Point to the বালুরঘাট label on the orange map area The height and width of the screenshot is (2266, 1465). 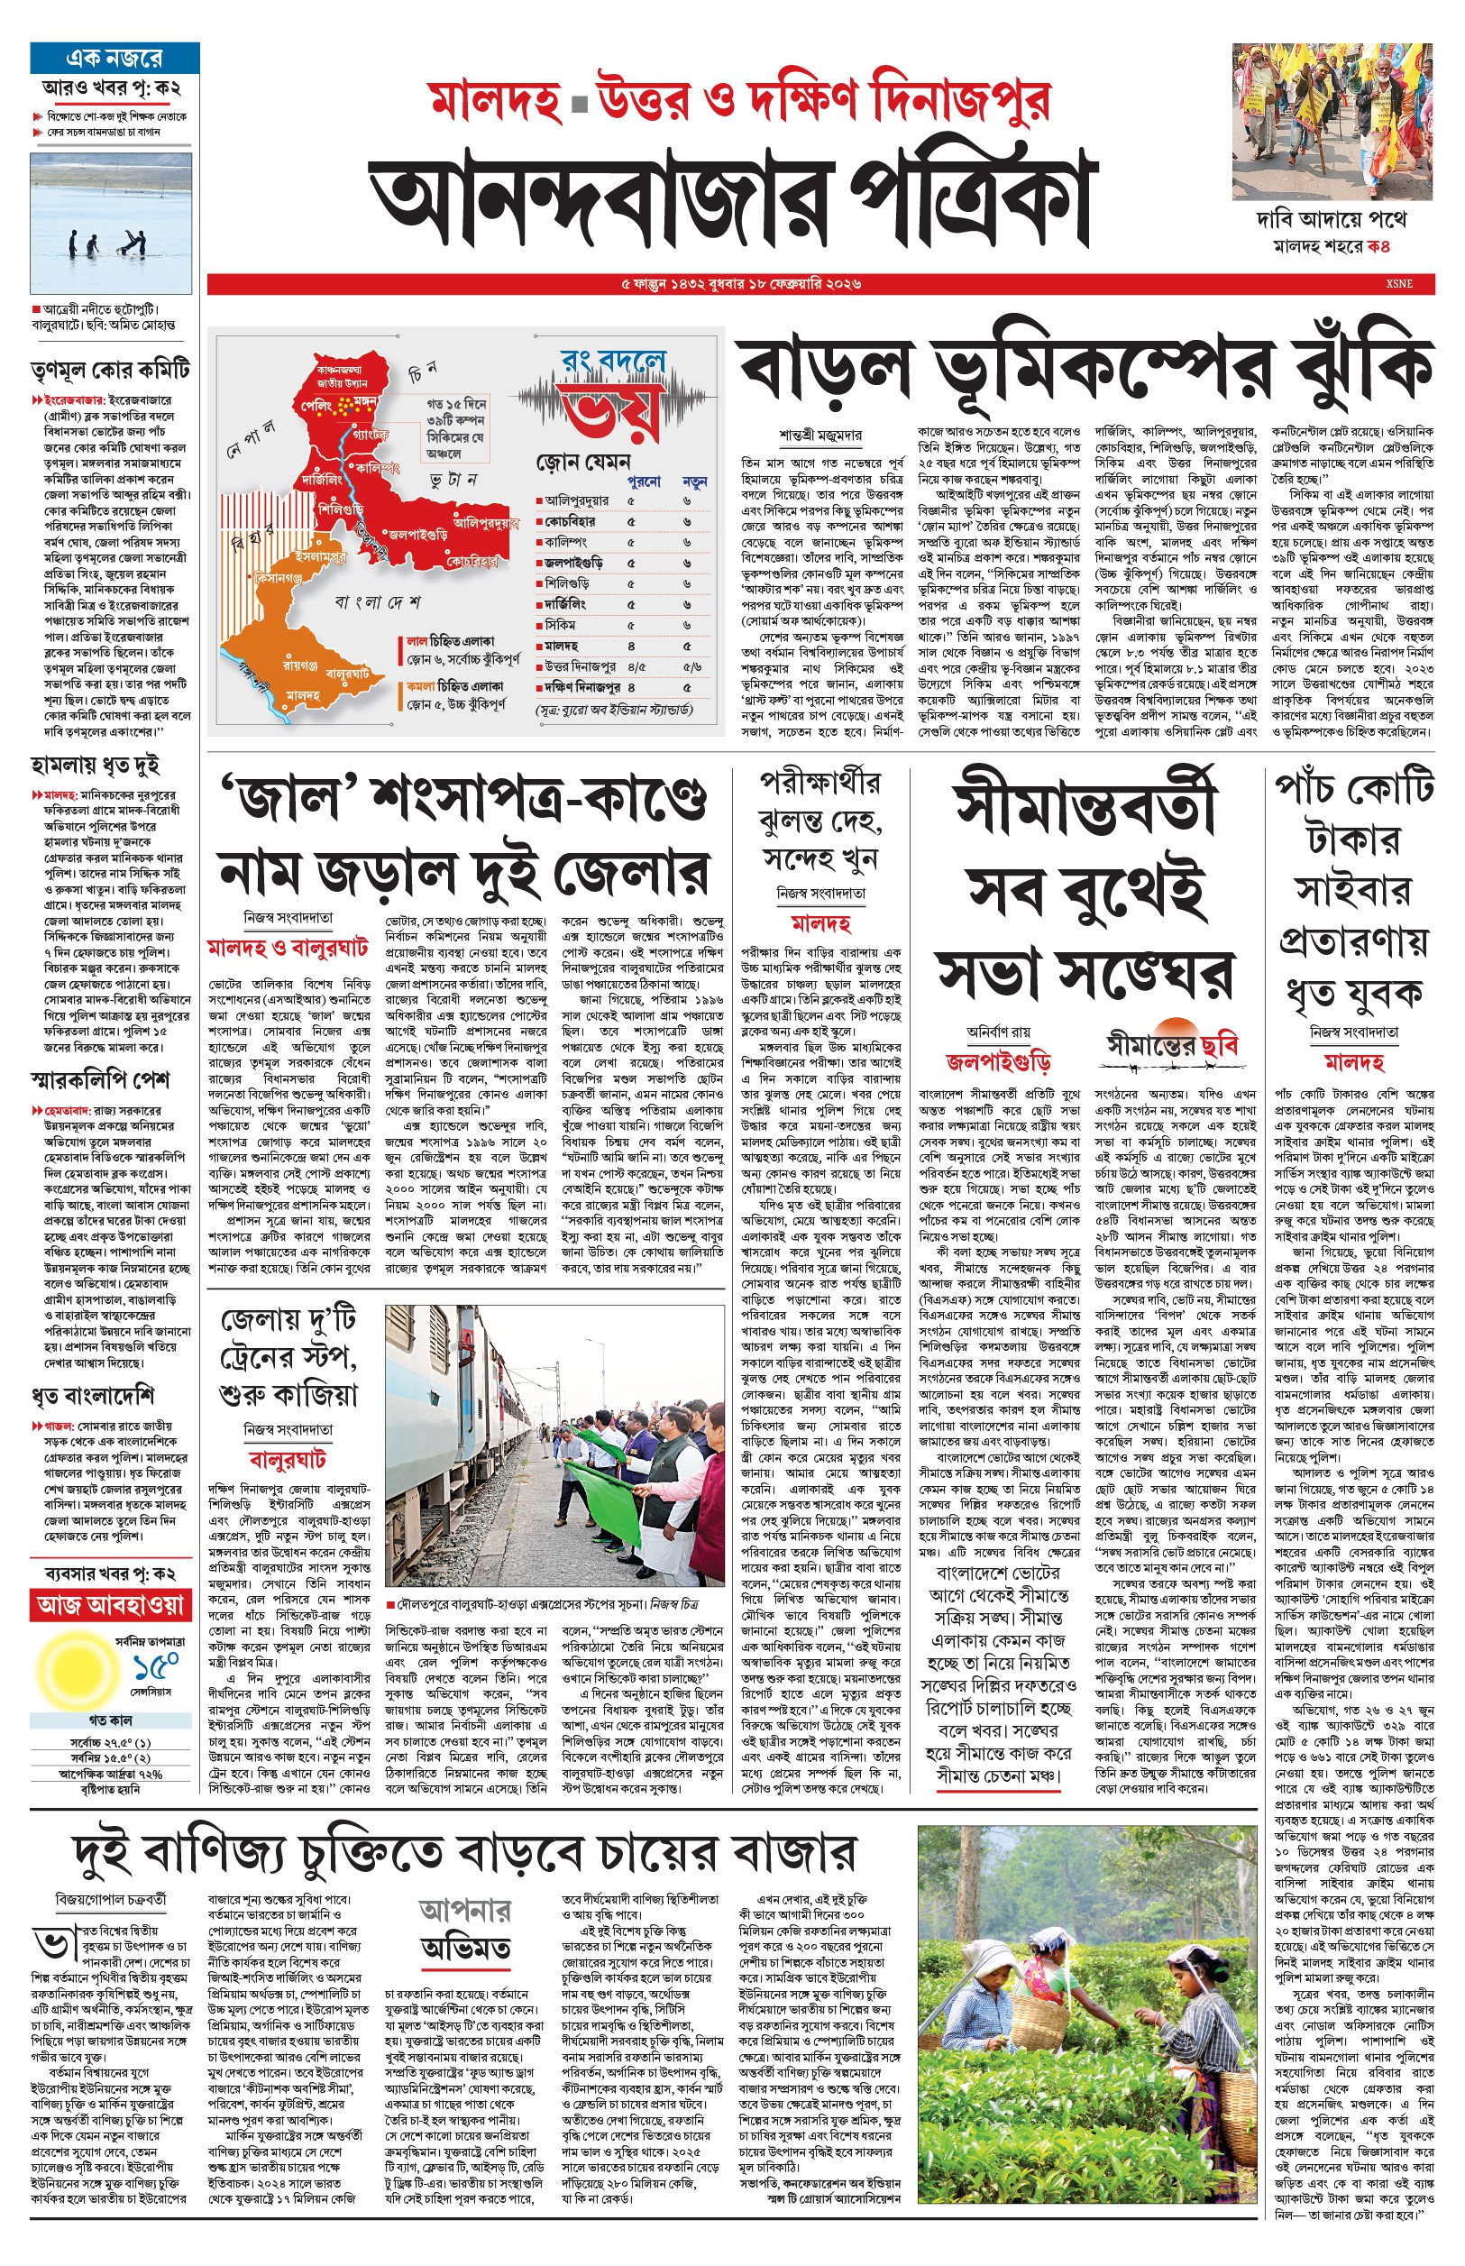pos(346,673)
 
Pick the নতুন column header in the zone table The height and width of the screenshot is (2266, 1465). pos(694,482)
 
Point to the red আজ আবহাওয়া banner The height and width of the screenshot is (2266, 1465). pos(110,1605)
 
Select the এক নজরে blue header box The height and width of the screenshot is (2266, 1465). pos(114,58)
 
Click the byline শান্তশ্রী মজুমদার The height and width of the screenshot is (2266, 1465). pos(820,435)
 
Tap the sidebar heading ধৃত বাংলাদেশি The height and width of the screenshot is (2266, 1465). pos(92,1396)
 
